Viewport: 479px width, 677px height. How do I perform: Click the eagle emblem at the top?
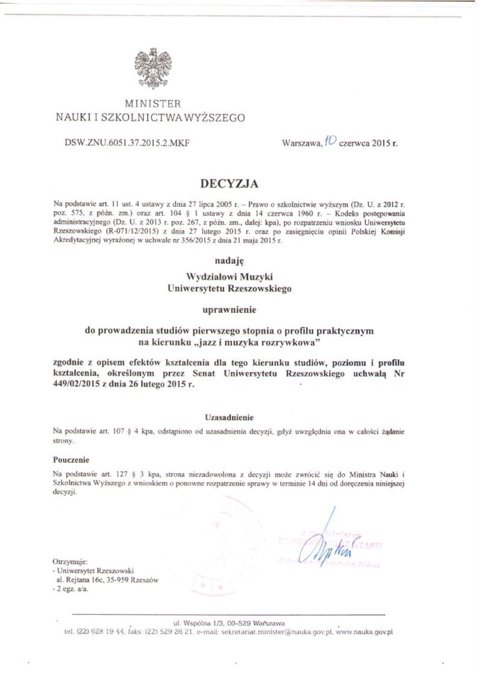click(152, 69)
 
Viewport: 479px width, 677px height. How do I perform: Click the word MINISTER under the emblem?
click(152, 104)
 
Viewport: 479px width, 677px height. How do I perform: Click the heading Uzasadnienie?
click(230, 417)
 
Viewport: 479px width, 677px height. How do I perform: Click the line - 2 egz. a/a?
click(70, 589)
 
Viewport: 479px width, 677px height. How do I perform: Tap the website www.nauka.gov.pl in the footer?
click(365, 632)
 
